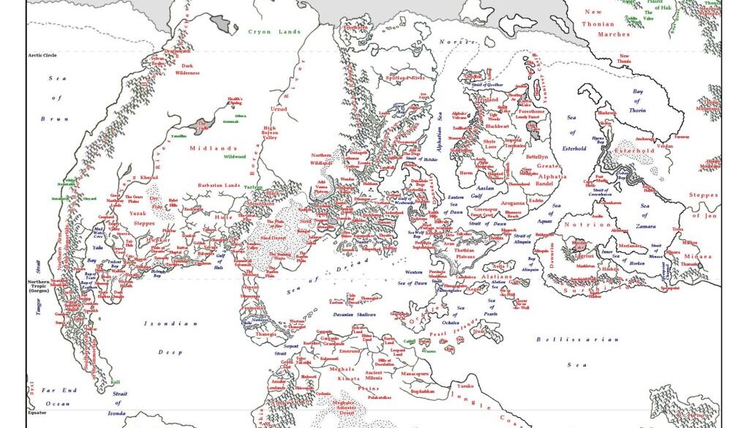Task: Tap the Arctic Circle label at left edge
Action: pyautogui.click(x=42, y=55)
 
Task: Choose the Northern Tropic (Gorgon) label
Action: pyautogui.click(x=38, y=286)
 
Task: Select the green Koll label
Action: pyautogui.click(x=114, y=382)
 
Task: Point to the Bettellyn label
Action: pyautogui.click(x=536, y=157)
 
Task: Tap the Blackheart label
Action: pyautogui.click(x=497, y=127)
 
